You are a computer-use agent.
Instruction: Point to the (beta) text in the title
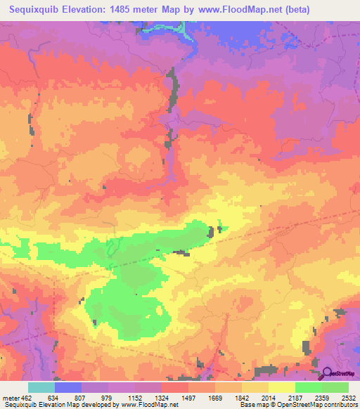pyautogui.click(x=294, y=7)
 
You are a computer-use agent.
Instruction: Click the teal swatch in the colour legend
pyautogui.click(x=41, y=388)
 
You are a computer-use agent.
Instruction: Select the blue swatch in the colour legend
pyautogui.click(x=68, y=388)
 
